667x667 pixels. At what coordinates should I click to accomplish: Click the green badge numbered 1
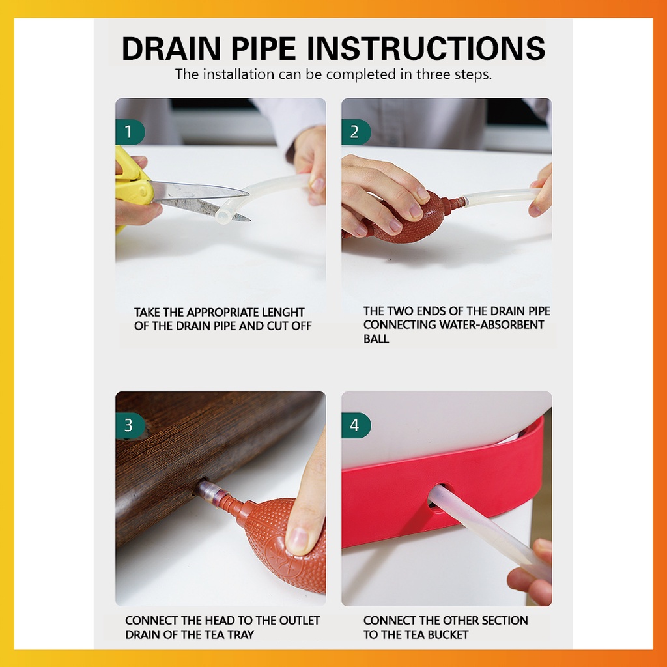[x=130, y=132]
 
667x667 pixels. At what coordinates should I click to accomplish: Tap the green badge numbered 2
[x=356, y=132]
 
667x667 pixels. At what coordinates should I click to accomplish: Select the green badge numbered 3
[x=130, y=425]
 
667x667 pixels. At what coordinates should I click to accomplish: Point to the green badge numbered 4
[x=356, y=425]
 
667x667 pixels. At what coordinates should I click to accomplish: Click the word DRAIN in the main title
[x=171, y=48]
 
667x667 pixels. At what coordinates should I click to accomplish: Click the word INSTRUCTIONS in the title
[x=426, y=48]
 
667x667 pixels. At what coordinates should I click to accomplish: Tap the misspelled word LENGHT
[x=283, y=312]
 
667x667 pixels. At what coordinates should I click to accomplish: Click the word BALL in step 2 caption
[x=376, y=339]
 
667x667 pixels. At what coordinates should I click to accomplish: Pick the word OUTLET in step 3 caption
[x=299, y=621]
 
